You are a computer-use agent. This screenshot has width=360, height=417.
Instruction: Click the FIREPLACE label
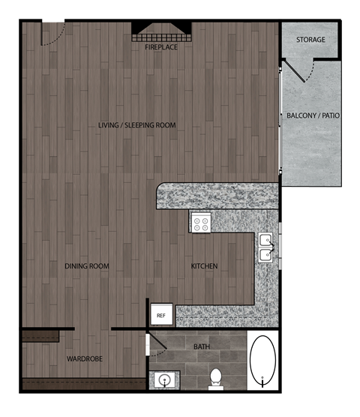point(162,46)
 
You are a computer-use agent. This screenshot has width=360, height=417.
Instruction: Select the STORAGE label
point(310,39)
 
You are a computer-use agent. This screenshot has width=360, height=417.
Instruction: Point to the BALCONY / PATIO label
point(313,116)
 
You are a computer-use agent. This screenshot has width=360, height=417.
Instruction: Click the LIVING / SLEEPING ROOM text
point(137,125)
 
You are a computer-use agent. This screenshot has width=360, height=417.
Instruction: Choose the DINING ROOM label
point(87,266)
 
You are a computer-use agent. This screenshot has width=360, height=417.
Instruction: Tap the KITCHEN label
point(204,266)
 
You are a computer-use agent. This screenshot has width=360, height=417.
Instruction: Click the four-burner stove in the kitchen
point(200,222)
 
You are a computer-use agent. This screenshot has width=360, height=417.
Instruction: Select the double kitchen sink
point(266,248)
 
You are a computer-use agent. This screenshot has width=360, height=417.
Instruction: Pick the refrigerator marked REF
point(160,316)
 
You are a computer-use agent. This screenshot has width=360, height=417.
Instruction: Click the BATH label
point(202,346)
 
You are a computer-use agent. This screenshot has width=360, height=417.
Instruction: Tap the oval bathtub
point(262,361)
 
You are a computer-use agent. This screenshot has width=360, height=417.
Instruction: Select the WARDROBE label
point(84,359)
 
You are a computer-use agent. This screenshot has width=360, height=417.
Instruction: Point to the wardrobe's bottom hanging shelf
point(82,383)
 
